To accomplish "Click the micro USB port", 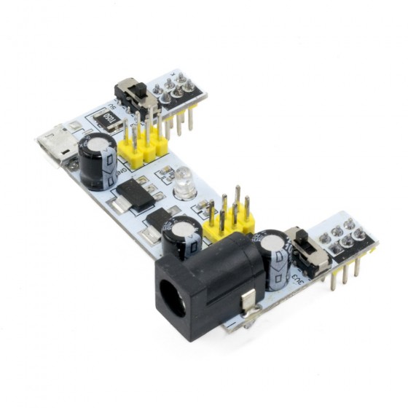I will point(58,144).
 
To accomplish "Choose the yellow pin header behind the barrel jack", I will point(229,227).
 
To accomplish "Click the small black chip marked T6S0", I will point(107,117).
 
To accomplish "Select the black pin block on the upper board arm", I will point(176,91).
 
